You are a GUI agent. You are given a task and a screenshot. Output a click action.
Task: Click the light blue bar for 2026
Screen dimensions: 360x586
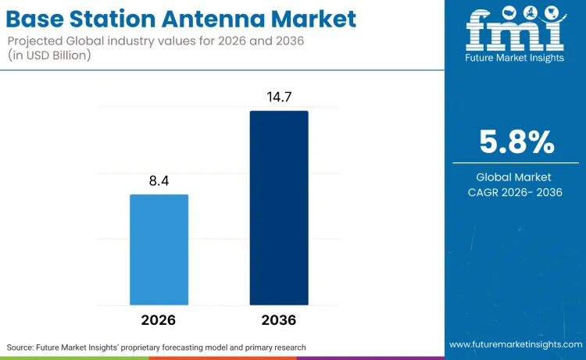pos(159,249)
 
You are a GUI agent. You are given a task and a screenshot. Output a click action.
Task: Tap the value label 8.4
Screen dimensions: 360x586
pos(159,181)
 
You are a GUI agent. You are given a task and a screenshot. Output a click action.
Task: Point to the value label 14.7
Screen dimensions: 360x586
pos(279,98)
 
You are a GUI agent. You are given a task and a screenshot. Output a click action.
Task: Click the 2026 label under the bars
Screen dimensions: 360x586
pos(159,320)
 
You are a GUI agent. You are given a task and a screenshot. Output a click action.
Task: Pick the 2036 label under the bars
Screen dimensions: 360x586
pos(279,320)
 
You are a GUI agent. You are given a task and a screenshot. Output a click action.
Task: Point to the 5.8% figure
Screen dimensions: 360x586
pos(516,142)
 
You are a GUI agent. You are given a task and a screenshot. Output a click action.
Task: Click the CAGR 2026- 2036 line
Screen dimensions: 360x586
pos(516,193)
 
